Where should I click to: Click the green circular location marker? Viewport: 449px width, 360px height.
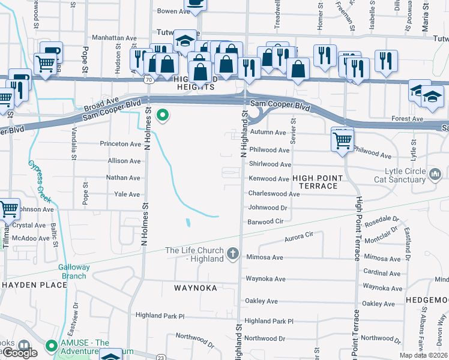(x=161, y=115)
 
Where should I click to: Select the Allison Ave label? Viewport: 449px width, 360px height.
(x=124, y=161)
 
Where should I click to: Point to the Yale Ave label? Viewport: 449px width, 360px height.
(x=127, y=194)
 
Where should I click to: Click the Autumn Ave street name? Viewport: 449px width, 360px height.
(x=268, y=132)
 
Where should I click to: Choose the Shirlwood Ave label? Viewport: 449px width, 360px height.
(x=270, y=164)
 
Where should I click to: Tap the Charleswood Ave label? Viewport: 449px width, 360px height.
(x=274, y=194)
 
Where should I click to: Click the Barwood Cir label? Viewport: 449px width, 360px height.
(x=265, y=222)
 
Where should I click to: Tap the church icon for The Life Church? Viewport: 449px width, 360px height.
(x=234, y=254)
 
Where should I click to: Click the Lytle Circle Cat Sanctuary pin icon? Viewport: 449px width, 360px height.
(x=436, y=175)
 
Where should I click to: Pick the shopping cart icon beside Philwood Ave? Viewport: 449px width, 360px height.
(x=342, y=140)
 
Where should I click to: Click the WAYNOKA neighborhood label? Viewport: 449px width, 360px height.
(x=194, y=288)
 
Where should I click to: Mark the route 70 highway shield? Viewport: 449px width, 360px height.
(x=147, y=79)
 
